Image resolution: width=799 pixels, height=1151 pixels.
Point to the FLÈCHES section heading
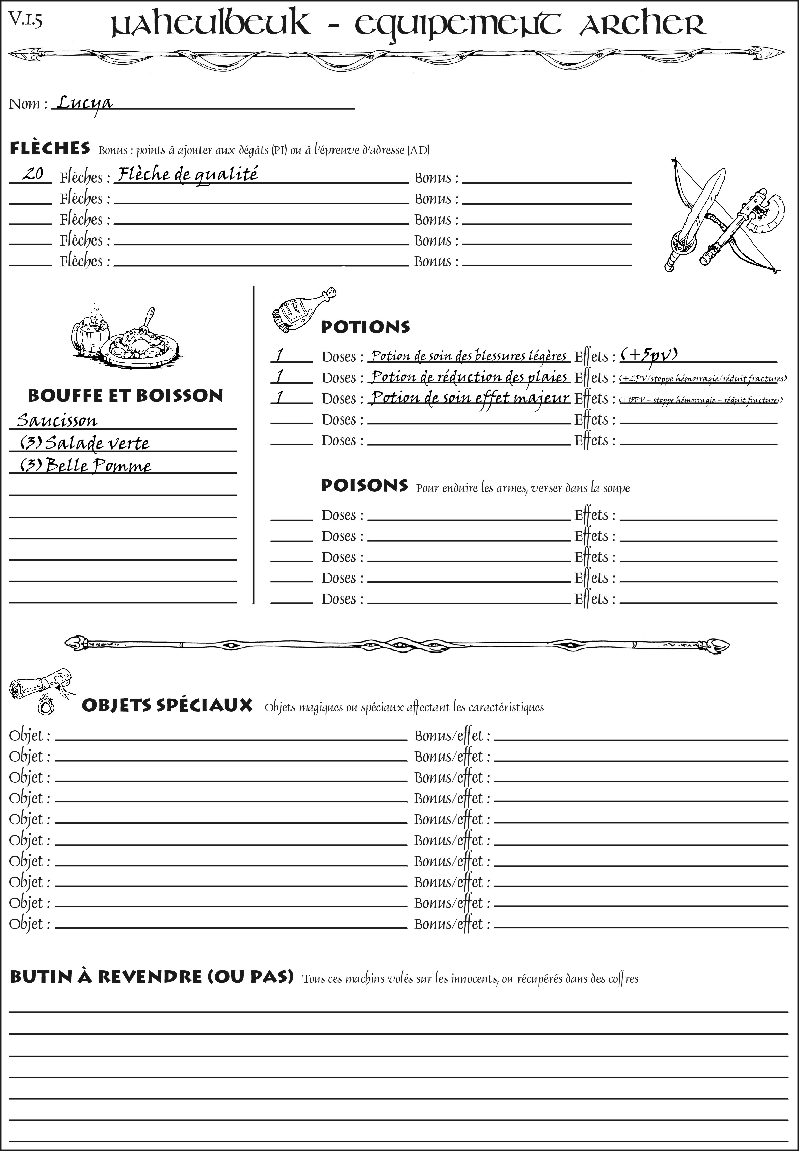[x=50, y=148]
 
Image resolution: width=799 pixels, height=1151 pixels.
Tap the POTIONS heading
[x=365, y=327]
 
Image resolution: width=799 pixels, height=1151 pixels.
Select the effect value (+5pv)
[x=649, y=355]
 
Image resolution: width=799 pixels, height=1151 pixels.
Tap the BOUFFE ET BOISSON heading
[x=125, y=396]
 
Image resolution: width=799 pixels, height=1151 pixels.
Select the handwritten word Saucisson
[x=57, y=420]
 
